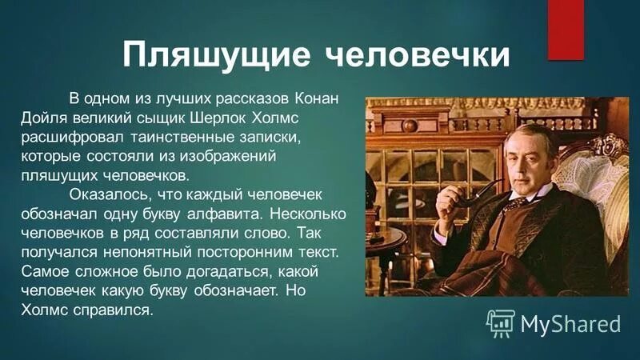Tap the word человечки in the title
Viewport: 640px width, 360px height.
[419, 55]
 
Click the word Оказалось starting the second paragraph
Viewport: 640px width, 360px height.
[107, 194]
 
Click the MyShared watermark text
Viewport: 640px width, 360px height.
[570, 323]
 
